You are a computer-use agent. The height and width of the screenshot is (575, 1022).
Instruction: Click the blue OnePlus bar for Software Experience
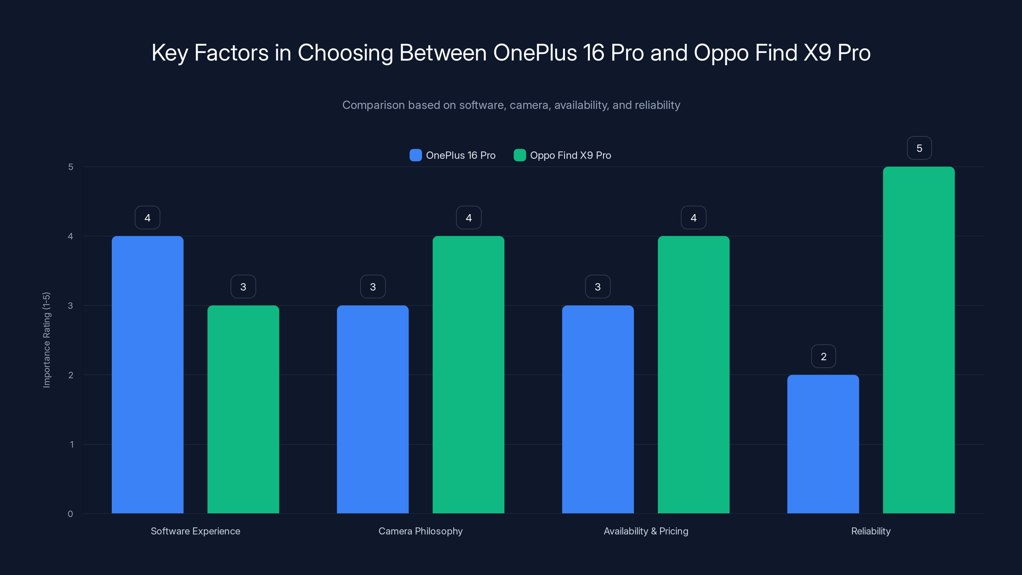point(147,375)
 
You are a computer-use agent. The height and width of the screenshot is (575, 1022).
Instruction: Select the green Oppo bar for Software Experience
point(243,409)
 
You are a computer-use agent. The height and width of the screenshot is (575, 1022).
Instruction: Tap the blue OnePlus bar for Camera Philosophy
point(372,409)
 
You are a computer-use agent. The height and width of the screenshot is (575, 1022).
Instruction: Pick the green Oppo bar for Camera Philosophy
point(468,375)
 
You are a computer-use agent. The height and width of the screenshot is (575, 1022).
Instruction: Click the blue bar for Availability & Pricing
point(598,409)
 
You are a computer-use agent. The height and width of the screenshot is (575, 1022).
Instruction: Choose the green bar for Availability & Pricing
point(693,375)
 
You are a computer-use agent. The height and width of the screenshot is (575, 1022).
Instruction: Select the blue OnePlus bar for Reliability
point(823,444)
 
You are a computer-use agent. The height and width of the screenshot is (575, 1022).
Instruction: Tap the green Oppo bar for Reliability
point(919,340)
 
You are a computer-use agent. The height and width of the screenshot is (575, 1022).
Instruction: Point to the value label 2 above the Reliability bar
point(823,356)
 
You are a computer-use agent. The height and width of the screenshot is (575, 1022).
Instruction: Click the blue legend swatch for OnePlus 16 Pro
point(416,155)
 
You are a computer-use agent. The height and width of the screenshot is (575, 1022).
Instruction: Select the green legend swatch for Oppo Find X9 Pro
point(519,155)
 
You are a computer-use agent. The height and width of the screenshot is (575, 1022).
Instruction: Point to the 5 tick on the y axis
point(71,167)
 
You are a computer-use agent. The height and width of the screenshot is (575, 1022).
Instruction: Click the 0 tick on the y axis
point(70,514)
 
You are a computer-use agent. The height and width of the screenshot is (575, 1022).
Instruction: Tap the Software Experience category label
point(195,531)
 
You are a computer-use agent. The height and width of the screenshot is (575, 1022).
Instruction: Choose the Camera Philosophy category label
point(420,531)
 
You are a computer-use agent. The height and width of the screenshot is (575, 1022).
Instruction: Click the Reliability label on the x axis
point(870,531)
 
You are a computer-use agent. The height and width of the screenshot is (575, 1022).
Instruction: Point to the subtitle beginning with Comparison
point(511,105)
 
